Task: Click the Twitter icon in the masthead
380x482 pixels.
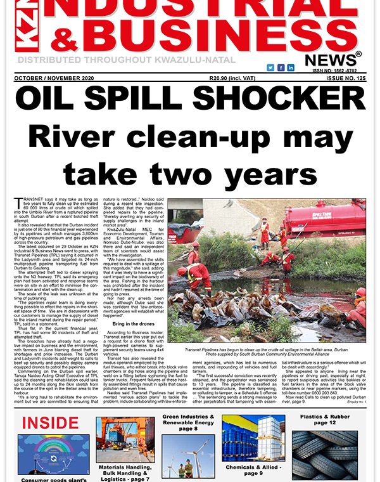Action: tap(270, 67)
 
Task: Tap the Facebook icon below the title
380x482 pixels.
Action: tap(281, 67)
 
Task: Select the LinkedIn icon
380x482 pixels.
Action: tap(291, 67)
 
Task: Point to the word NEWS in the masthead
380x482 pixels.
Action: tap(329, 60)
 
